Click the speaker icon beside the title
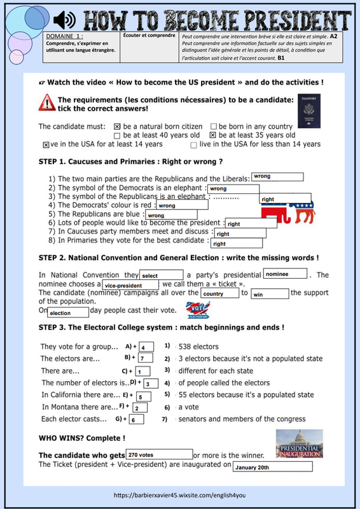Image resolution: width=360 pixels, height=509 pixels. [64, 20]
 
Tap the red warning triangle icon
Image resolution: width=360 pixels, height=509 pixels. [46, 102]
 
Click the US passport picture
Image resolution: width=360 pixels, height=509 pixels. [308, 111]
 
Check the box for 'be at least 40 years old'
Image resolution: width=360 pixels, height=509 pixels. [117, 136]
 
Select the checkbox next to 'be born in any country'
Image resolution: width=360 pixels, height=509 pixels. [213, 126]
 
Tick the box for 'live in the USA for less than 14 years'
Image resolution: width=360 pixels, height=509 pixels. [193, 145]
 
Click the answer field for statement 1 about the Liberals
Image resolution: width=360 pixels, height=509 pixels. [277, 177]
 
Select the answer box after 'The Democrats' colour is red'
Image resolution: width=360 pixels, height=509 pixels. [182, 205]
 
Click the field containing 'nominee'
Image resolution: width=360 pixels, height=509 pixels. [285, 274]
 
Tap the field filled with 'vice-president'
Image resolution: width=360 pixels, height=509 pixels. [130, 285]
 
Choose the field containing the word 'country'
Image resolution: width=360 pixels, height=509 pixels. [220, 293]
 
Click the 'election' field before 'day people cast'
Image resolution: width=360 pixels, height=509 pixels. [68, 312]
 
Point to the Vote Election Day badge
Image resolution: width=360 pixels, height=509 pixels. [198, 310]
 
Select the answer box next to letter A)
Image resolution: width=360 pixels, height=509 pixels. [146, 347]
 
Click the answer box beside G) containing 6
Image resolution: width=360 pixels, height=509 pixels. [136, 419]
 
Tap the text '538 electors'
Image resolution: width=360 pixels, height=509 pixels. [198, 347]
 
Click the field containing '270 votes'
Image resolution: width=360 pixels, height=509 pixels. [160, 454]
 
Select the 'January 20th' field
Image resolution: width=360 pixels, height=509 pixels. [273, 467]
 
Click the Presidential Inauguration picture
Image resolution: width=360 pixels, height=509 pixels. [300, 443]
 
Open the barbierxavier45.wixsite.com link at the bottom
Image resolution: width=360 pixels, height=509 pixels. [180, 496]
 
